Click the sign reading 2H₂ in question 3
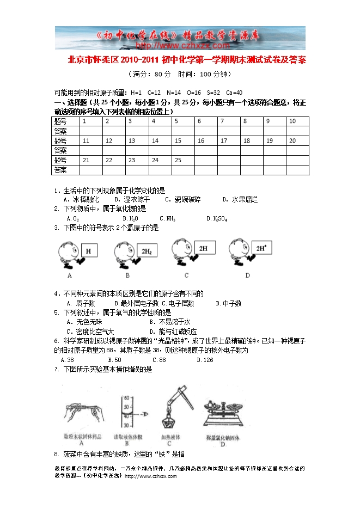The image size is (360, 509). tap(147, 252)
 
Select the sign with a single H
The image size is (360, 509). tap(89, 252)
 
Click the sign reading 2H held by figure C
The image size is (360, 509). tap(203, 248)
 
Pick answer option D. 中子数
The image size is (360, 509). tap(229, 303)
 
